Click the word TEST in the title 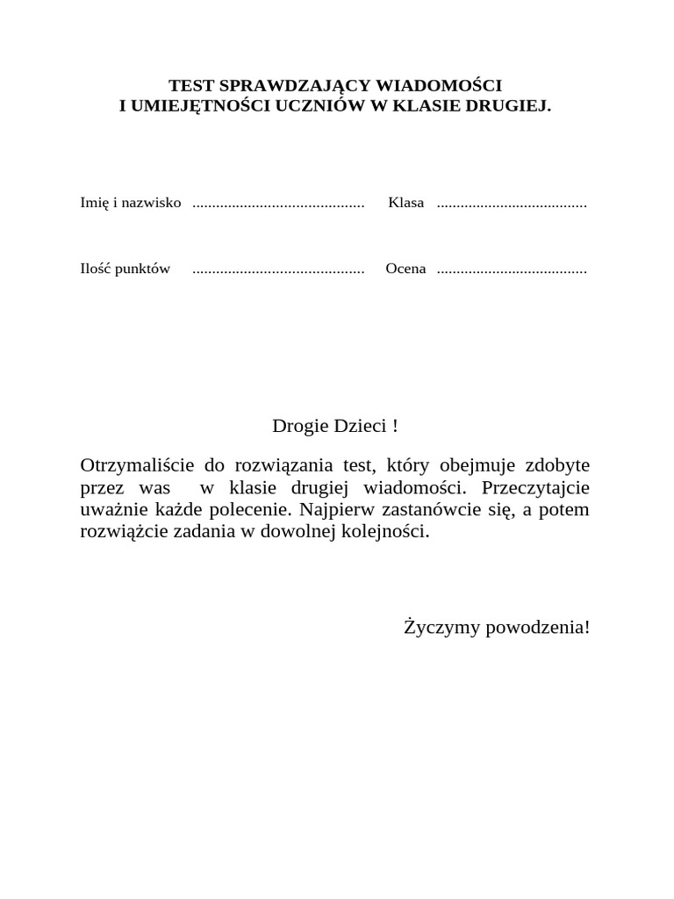190,86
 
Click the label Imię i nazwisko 131,203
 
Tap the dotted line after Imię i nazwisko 277,204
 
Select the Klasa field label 406,203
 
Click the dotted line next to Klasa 512,204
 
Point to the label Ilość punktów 125,269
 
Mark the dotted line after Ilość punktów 277,270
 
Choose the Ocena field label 405,269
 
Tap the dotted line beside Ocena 512,270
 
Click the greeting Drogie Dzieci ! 334,427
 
